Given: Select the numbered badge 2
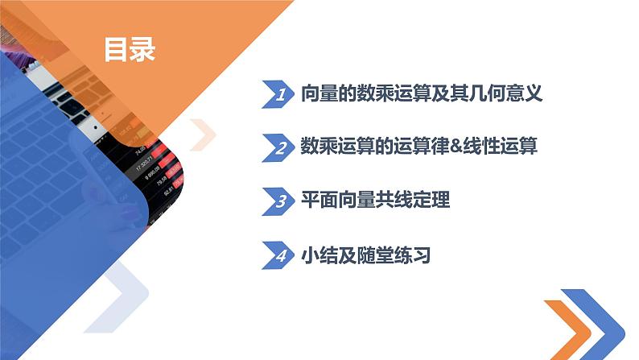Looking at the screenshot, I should [x=278, y=148].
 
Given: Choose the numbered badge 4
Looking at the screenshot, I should [x=278, y=256].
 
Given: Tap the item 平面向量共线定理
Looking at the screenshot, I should [x=374, y=201].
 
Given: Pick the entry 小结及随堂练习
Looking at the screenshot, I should [x=365, y=255].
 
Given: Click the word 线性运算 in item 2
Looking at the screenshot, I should [x=499, y=147].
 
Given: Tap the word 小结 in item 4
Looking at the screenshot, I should [x=317, y=255].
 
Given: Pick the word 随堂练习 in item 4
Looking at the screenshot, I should [x=394, y=255].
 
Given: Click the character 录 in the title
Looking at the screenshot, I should [x=142, y=50].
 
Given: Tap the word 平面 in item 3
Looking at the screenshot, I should [x=317, y=201].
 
